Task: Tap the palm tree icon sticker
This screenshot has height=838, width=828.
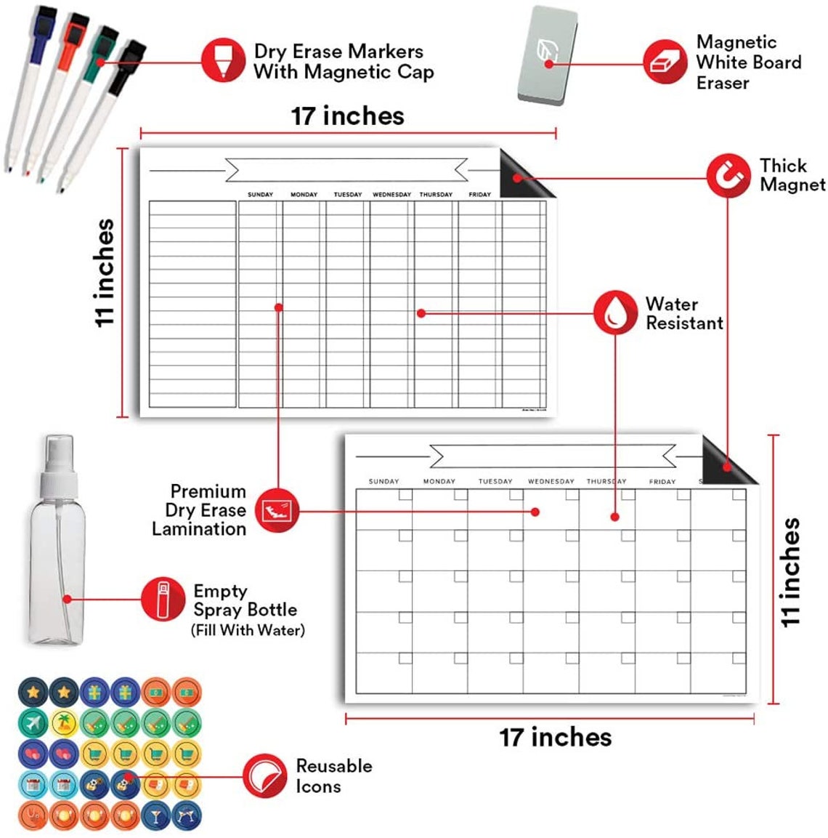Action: (x=64, y=723)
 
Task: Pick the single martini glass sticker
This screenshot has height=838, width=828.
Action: (x=156, y=815)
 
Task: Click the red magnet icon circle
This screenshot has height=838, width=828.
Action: (x=728, y=175)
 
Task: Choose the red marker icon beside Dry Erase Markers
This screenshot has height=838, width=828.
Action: (x=223, y=60)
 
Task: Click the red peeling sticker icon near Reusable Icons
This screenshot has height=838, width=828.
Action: (x=264, y=775)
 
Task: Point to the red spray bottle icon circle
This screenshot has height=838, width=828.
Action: (x=163, y=599)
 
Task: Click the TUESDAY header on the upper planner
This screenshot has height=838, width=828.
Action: (x=347, y=195)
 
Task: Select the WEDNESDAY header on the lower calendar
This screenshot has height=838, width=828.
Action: (x=551, y=481)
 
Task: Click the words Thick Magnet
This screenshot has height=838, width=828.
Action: (x=792, y=175)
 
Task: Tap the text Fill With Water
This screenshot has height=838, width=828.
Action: (x=248, y=630)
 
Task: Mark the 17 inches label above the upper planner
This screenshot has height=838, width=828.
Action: (x=347, y=116)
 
